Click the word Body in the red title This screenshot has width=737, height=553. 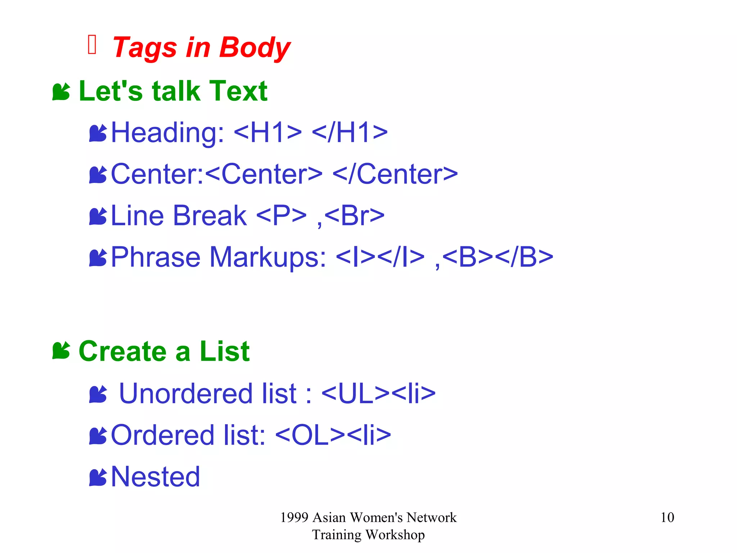254,48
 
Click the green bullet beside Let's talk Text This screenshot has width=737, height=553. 61,92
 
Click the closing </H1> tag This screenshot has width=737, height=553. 350,132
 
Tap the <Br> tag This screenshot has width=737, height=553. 354,216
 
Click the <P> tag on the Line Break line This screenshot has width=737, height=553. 281,216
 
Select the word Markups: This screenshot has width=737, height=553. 268,257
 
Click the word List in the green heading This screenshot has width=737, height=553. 225,351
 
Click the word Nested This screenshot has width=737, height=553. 155,477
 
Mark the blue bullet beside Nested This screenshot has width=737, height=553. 98,477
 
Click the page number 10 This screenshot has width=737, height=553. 667,517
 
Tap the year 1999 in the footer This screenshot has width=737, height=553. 294,517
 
